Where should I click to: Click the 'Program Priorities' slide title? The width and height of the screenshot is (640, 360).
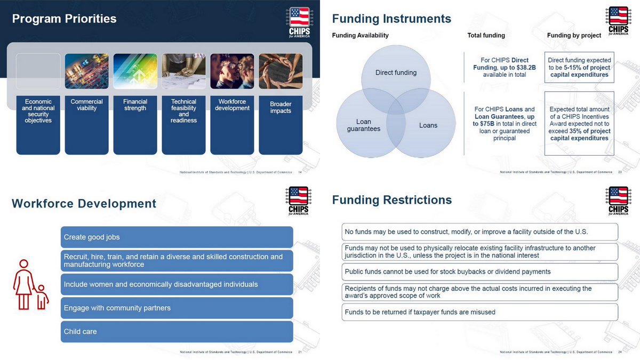coord(64,19)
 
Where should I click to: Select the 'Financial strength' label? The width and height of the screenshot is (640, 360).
coord(135,105)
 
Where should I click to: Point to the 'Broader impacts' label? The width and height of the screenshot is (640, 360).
coord(281,108)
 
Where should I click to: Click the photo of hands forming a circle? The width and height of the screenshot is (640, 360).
coord(281,71)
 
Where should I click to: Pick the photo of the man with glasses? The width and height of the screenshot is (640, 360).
coord(232,71)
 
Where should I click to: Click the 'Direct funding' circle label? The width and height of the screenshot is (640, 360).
coord(396,73)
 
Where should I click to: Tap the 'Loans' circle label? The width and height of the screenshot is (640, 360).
coord(428,125)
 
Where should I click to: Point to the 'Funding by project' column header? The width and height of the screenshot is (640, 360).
coord(574,36)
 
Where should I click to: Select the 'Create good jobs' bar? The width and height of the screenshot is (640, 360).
coord(177,237)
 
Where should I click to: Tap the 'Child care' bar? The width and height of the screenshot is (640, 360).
coord(177,332)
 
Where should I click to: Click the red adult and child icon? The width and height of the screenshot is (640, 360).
coord(30,285)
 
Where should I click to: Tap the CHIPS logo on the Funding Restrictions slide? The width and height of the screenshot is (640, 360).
coord(618,201)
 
